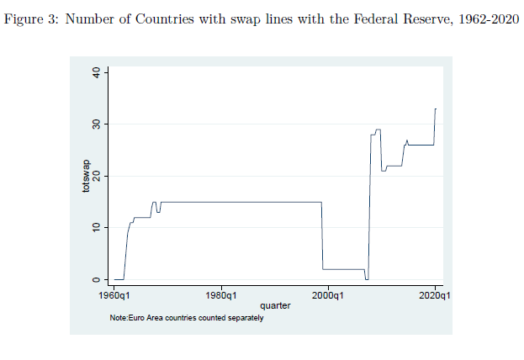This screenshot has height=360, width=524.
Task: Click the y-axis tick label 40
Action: [98, 73]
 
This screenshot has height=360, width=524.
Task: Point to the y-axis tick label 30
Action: [98, 124]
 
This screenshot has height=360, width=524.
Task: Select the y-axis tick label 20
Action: [98, 176]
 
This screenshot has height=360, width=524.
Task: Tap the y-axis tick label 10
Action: [98, 228]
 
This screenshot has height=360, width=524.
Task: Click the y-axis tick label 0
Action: [98, 279]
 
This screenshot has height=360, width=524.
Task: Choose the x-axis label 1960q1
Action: [114, 296]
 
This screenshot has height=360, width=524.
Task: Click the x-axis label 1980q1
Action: [220, 296]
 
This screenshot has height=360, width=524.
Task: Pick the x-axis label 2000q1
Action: [328, 296]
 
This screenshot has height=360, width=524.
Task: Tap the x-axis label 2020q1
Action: [434, 296]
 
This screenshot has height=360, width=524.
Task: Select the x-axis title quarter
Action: [275, 306]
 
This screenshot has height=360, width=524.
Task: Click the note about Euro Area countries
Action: [186, 318]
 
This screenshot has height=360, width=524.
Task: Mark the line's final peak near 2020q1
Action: [435, 109]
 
